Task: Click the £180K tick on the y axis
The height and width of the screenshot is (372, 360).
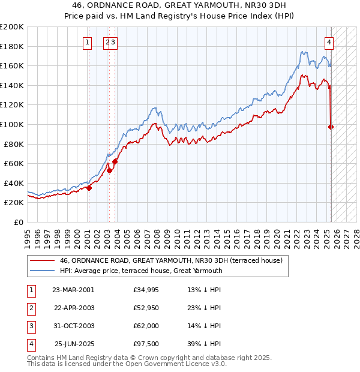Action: (x=12, y=46)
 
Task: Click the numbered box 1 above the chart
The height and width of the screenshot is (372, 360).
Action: (x=88, y=42)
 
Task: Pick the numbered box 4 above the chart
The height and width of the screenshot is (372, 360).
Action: (x=329, y=42)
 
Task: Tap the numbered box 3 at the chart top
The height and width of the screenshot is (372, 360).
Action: (x=113, y=42)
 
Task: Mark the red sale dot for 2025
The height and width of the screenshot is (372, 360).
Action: (x=331, y=127)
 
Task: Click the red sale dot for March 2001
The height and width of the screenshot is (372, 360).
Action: (x=89, y=188)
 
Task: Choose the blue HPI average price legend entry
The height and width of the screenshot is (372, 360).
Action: (x=140, y=271)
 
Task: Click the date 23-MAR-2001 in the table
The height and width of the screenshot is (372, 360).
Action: (x=73, y=289)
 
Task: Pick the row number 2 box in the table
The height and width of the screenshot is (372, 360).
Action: (x=30, y=307)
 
